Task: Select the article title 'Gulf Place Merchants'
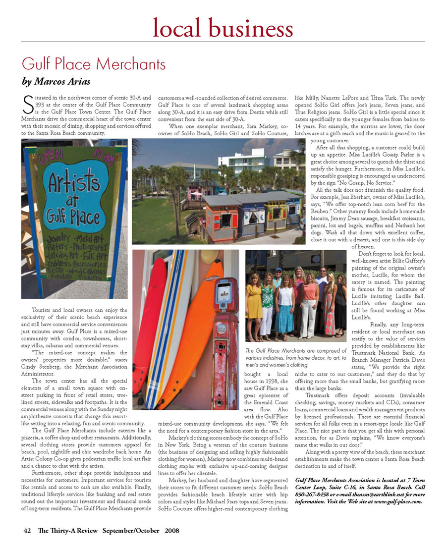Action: click(94, 64)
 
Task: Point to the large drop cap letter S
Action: click(28, 105)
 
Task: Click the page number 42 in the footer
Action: click(28, 530)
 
